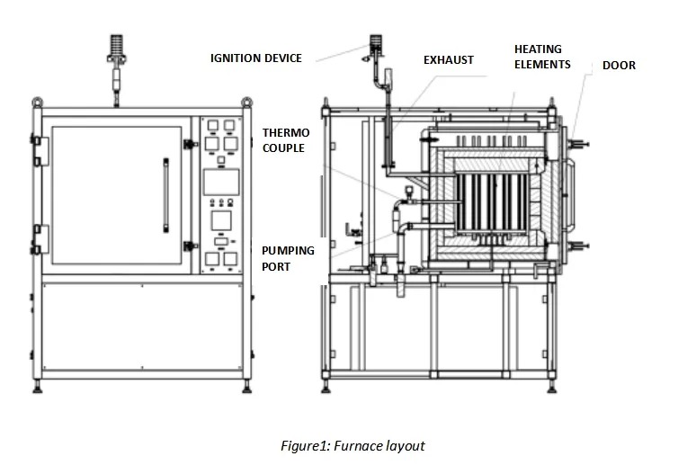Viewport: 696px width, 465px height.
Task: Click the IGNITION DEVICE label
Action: tap(256, 58)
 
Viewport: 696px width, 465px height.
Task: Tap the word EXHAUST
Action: tap(448, 60)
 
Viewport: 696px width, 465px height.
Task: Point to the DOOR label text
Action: tap(619, 65)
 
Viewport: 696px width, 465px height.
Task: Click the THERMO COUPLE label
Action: tap(282, 139)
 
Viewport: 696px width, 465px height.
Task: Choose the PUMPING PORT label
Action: tap(288, 258)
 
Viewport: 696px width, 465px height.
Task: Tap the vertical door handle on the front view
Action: tap(165, 193)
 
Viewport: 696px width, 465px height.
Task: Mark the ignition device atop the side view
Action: tap(375, 45)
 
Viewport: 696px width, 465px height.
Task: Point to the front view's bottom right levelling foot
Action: tap(245, 389)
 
